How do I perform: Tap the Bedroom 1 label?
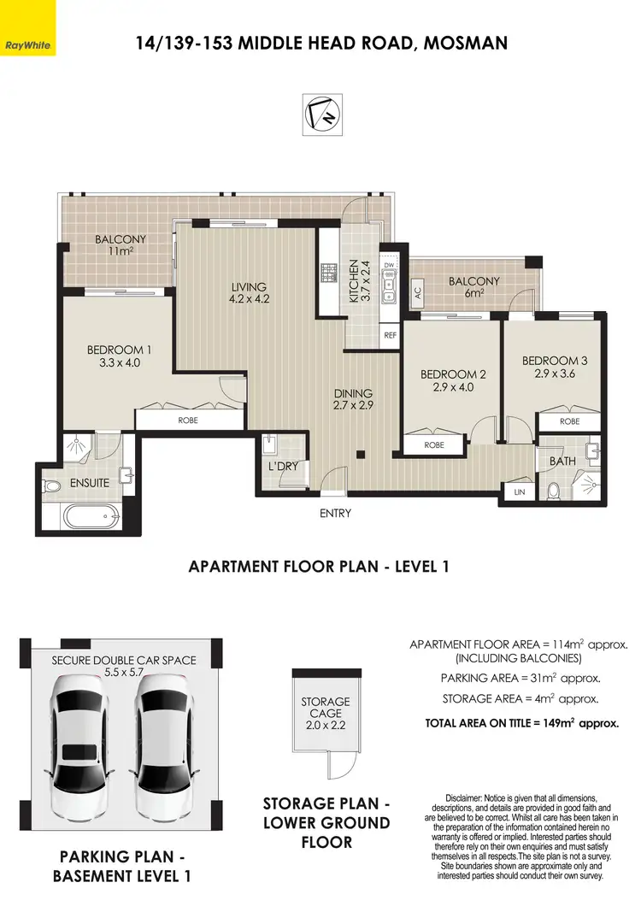[x=119, y=356]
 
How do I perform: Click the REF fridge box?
[x=390, y=336]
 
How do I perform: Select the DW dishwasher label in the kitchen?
[x=389, y=265]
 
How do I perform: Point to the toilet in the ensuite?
[x=53, y=485]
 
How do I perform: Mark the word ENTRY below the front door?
[x=334, y=514]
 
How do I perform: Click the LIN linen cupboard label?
[x=520, y=492]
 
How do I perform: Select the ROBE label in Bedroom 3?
[x=569, y=421]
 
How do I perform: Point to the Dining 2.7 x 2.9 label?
[x=354, y=399]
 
